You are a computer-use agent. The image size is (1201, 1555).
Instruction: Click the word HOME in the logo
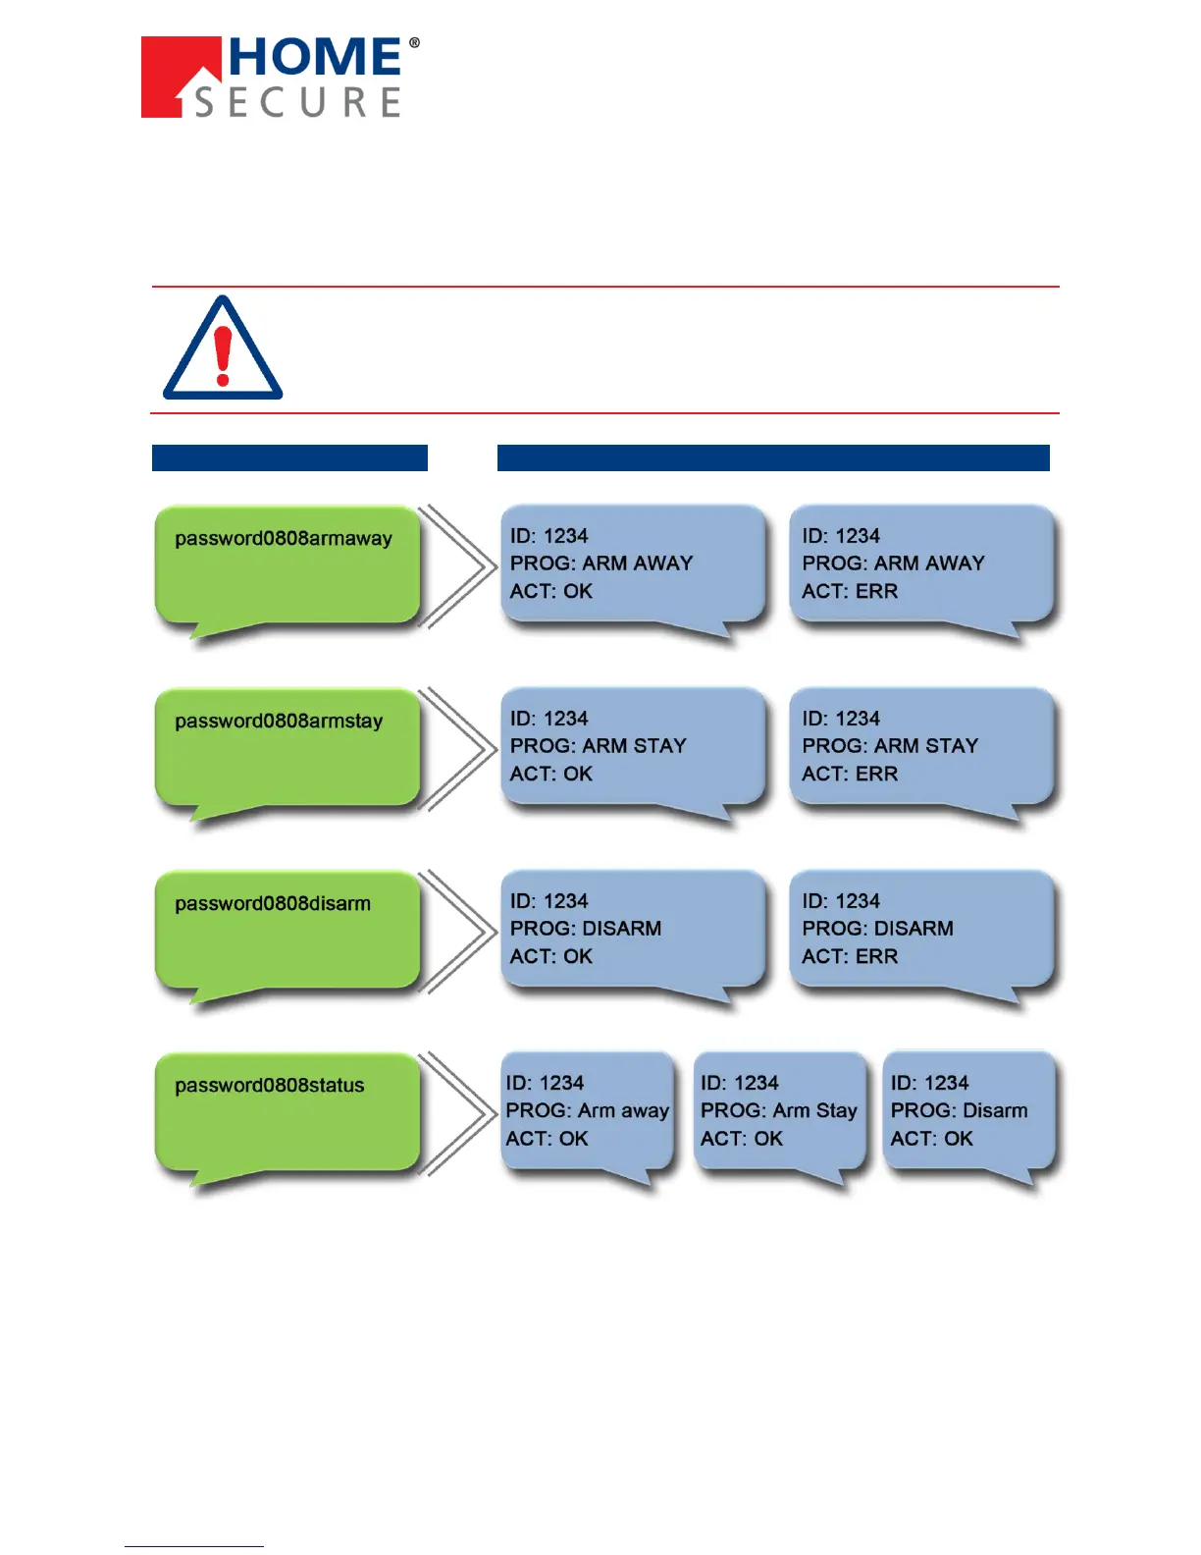[x=315, y=58]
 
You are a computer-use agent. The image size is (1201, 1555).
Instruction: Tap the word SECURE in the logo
[x=297, y=102]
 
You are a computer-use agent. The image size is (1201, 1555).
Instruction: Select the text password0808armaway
[x=283, y=538]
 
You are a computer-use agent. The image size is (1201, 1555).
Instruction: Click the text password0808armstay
[x=279, y=721]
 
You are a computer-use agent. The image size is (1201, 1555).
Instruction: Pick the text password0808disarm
[x=273, y=903]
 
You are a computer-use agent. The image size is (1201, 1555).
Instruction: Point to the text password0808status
[x=269, y=1086]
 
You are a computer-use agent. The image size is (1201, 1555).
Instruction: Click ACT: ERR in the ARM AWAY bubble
[x=850, y=591]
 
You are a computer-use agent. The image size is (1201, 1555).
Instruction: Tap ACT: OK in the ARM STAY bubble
[x=551, y=774]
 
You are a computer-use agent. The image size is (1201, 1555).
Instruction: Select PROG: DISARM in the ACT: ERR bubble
[x=877, y=929]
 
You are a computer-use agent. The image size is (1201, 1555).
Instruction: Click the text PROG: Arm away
[x=587, y=1110]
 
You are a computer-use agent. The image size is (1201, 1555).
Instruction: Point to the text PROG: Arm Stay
[x=778, y=1110]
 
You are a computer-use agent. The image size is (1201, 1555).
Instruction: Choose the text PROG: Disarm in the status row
[x=959, y=1110]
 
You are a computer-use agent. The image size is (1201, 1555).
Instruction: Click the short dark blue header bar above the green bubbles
[x=289, y=458]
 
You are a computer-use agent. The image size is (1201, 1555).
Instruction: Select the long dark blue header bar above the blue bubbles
[x=773, y=458]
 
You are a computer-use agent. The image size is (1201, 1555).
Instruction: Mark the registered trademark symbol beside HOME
[x=414, y=43]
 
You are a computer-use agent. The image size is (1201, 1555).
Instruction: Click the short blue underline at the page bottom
[x=193, y=1546]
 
